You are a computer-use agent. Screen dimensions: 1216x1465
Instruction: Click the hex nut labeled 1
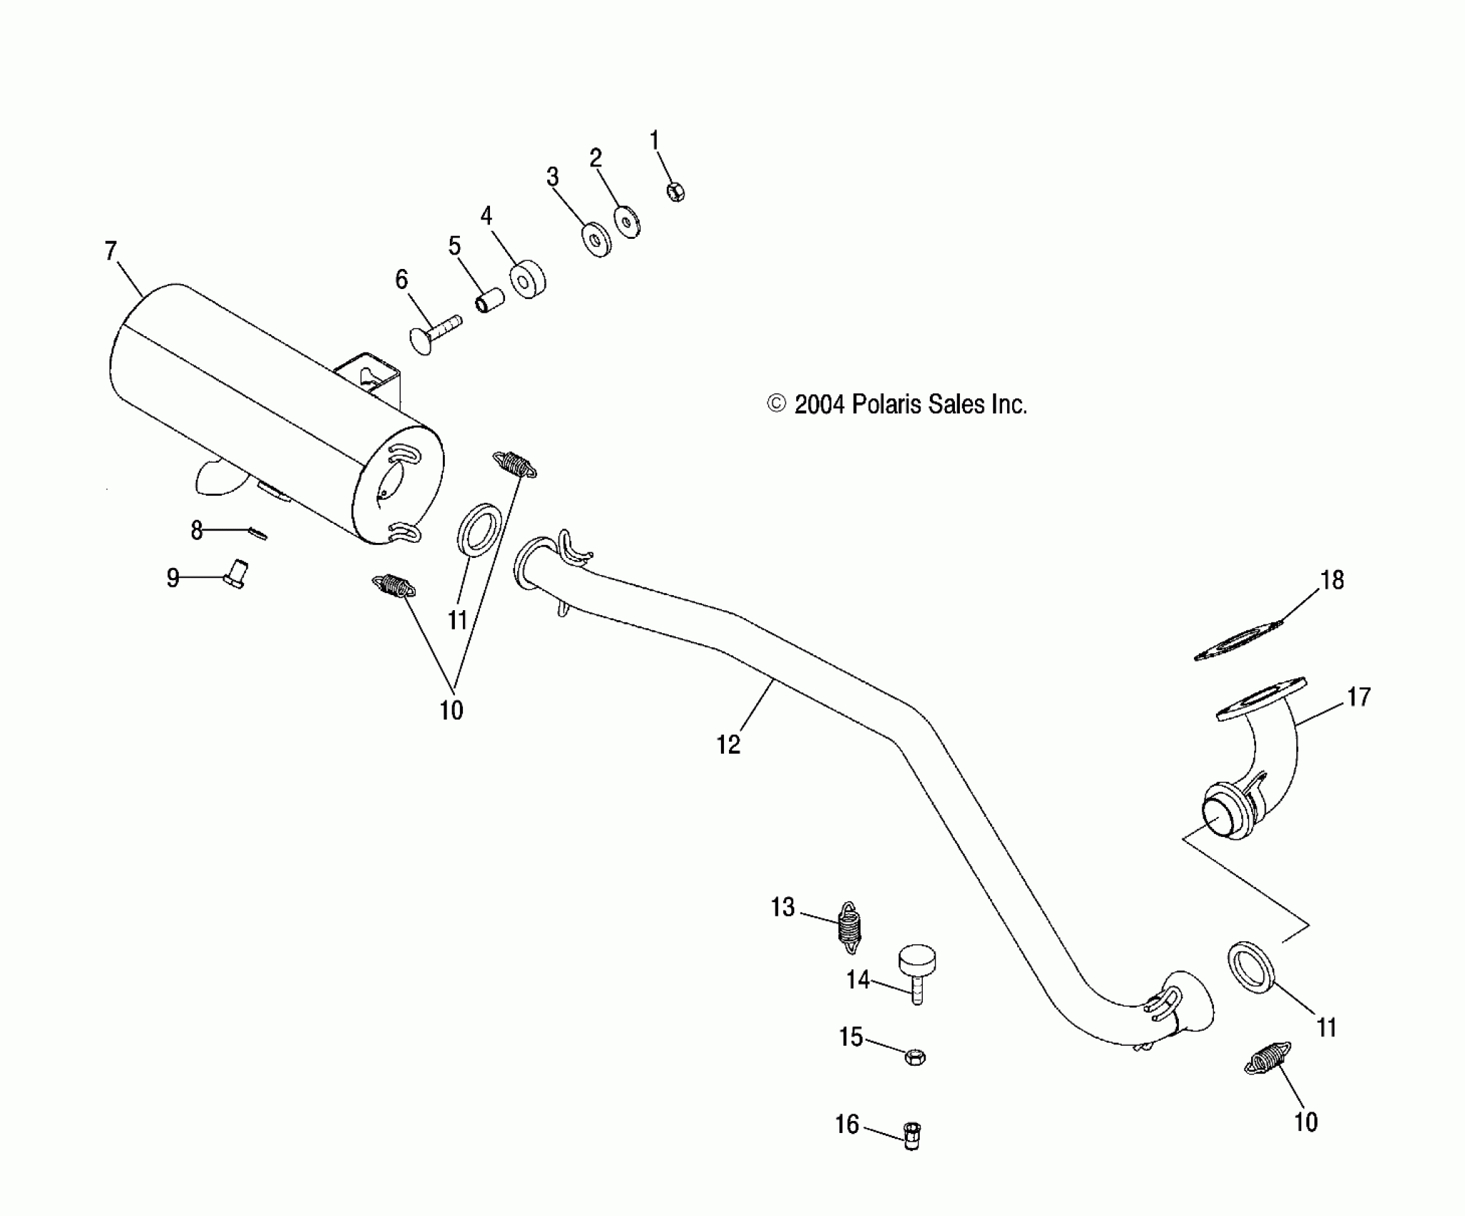coord(676,191)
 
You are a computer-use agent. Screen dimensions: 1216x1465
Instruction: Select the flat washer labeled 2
coord(627,222)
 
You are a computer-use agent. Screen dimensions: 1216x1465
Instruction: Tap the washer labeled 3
coord(596,240)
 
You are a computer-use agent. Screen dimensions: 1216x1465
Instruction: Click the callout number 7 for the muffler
coord(110,251)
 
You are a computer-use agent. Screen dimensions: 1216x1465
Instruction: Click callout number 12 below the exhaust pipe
coord(728,745)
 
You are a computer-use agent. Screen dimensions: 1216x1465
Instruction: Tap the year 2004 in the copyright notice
coord(820,405)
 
